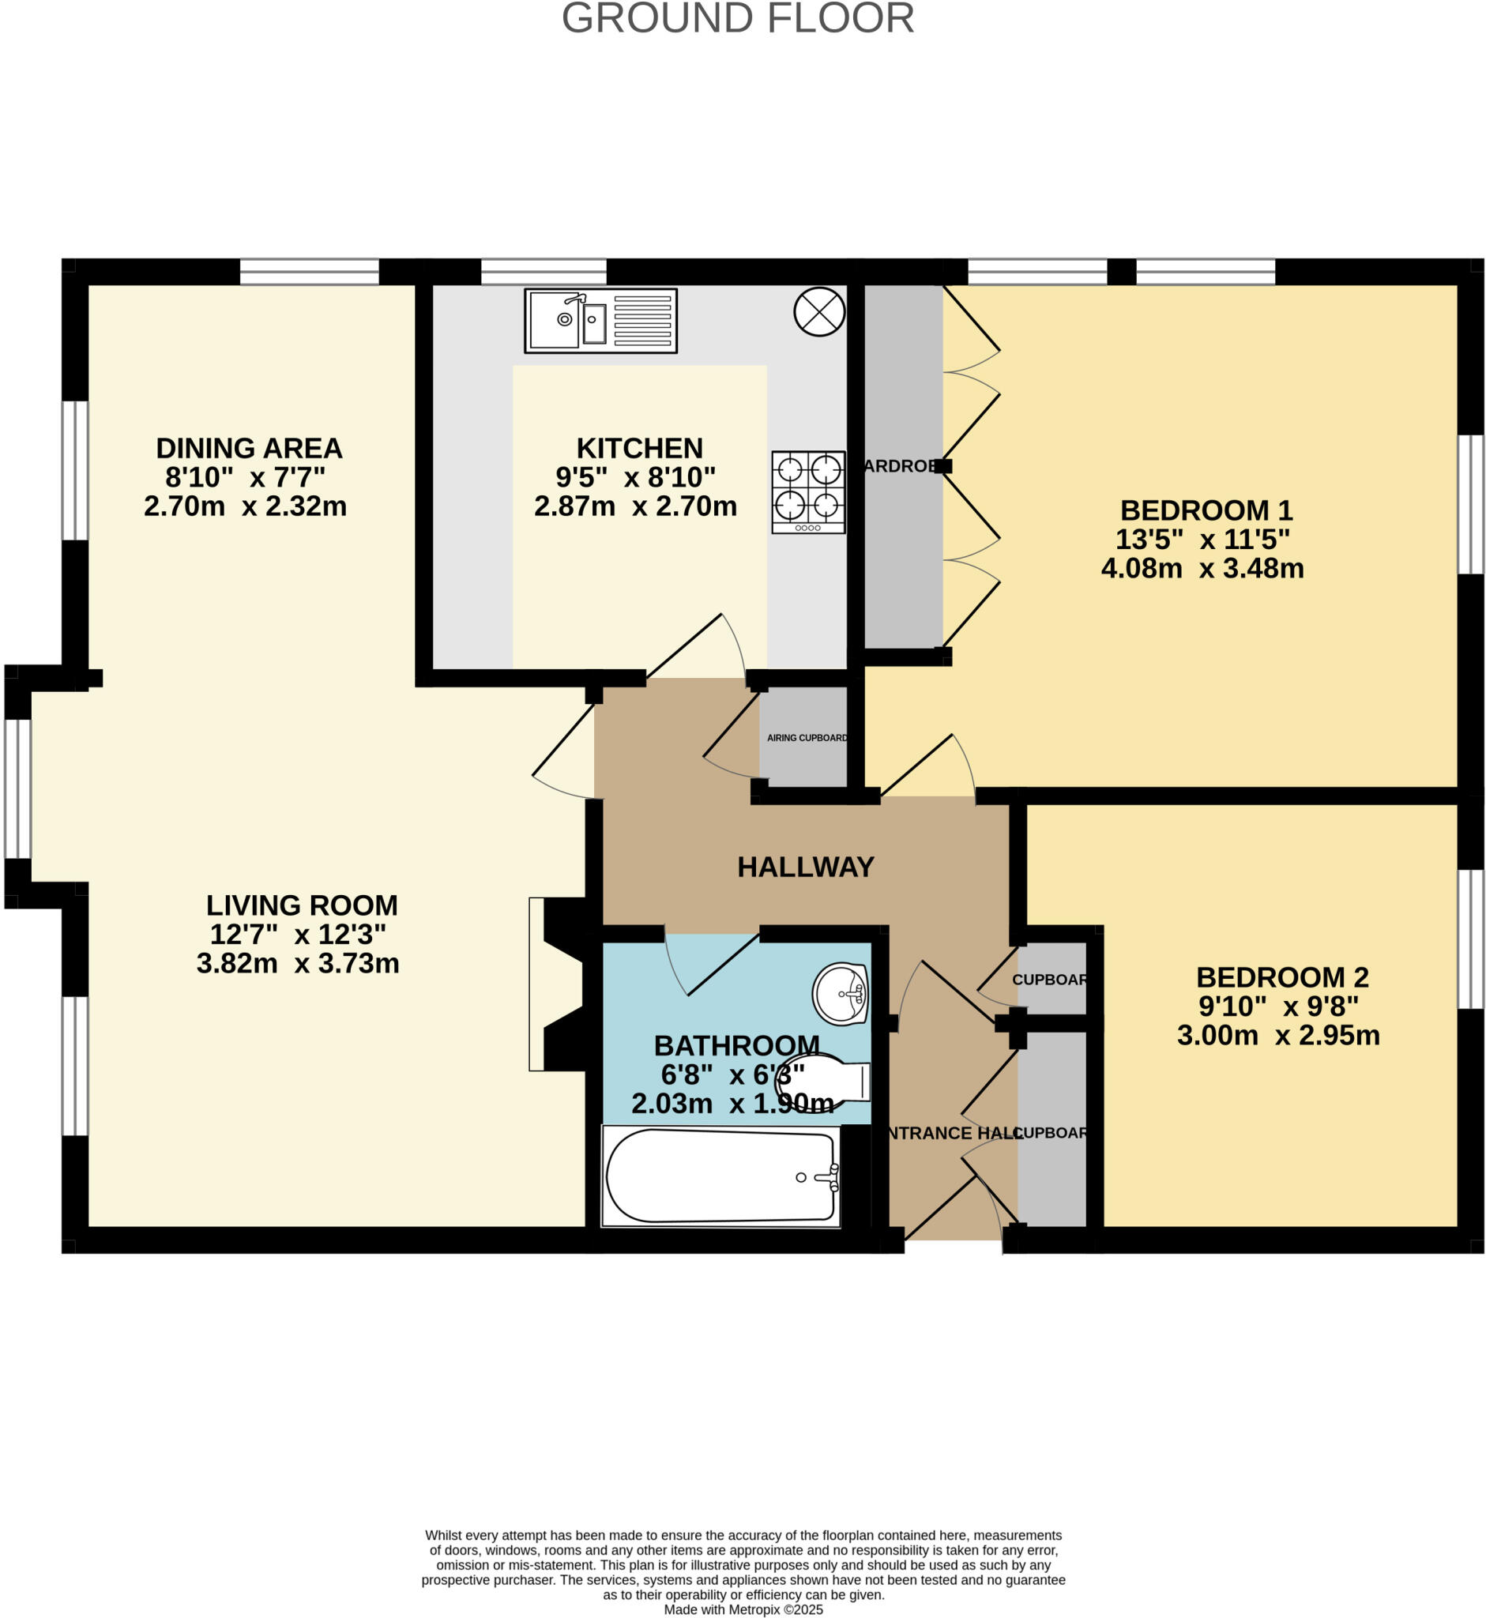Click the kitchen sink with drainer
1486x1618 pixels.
coord(600,320)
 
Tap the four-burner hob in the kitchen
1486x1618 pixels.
coord(808,491)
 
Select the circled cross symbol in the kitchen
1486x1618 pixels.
coord(819,312)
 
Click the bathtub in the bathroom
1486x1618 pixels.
coord(721,1176)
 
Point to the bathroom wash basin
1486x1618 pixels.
coord(841,994)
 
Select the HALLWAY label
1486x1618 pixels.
coord(806,867)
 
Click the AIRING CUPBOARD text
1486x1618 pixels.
coord(807,737)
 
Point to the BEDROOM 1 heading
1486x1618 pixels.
coord(1206,510)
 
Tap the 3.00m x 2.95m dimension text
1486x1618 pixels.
coord(1278,1035)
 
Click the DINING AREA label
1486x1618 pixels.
coord(250,448)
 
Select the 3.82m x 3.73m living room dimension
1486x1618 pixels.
coord(298,963)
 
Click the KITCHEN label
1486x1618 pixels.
coord(639,448)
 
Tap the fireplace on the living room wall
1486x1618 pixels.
coord(562,984)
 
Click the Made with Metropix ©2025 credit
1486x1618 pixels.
coord(743,1609)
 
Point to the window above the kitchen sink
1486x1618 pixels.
coord(544,271)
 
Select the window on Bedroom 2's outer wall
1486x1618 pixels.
coord(1471,939)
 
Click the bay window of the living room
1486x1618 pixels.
coord(17,789)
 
